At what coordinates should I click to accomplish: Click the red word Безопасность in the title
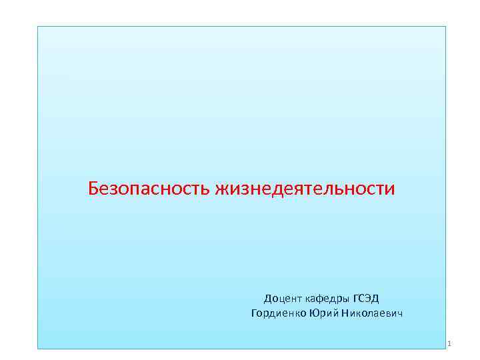pos(149,189)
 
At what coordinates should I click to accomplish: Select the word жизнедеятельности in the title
pos(305,189)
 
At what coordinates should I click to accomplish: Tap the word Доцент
pos(281,298)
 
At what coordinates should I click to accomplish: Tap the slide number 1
pos(451,344)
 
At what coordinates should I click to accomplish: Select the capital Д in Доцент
pos(268,298)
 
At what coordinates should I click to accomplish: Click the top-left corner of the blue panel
pos(37,27)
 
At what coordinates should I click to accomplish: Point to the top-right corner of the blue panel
pos(445,27)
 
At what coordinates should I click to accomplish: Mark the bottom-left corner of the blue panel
pos(37,348)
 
